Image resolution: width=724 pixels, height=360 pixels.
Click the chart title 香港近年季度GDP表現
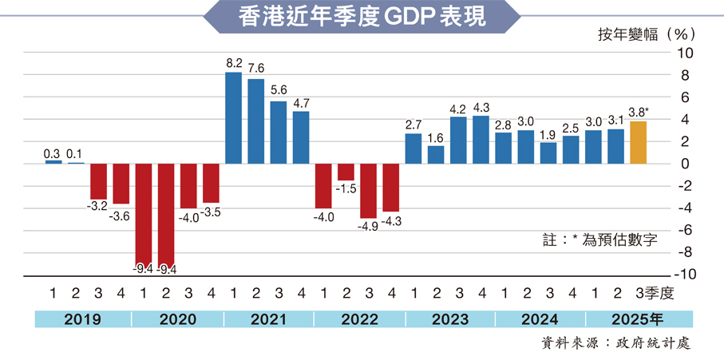362,17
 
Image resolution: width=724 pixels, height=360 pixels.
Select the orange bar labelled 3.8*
639,142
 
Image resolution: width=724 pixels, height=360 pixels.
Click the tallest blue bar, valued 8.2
233,118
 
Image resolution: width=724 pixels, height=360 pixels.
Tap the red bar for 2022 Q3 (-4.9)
369,191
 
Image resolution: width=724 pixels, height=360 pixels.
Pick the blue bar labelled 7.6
255,121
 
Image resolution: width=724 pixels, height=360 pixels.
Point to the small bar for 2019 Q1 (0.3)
53,162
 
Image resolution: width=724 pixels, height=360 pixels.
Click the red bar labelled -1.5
346,172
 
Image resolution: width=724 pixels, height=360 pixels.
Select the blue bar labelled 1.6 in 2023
436,155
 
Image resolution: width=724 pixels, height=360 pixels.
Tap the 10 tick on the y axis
686,53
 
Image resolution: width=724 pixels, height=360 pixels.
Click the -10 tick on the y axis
685,274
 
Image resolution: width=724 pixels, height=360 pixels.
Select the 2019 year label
82,320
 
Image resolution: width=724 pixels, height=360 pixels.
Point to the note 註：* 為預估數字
599,239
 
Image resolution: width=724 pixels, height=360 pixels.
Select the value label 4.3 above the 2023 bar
481,107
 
